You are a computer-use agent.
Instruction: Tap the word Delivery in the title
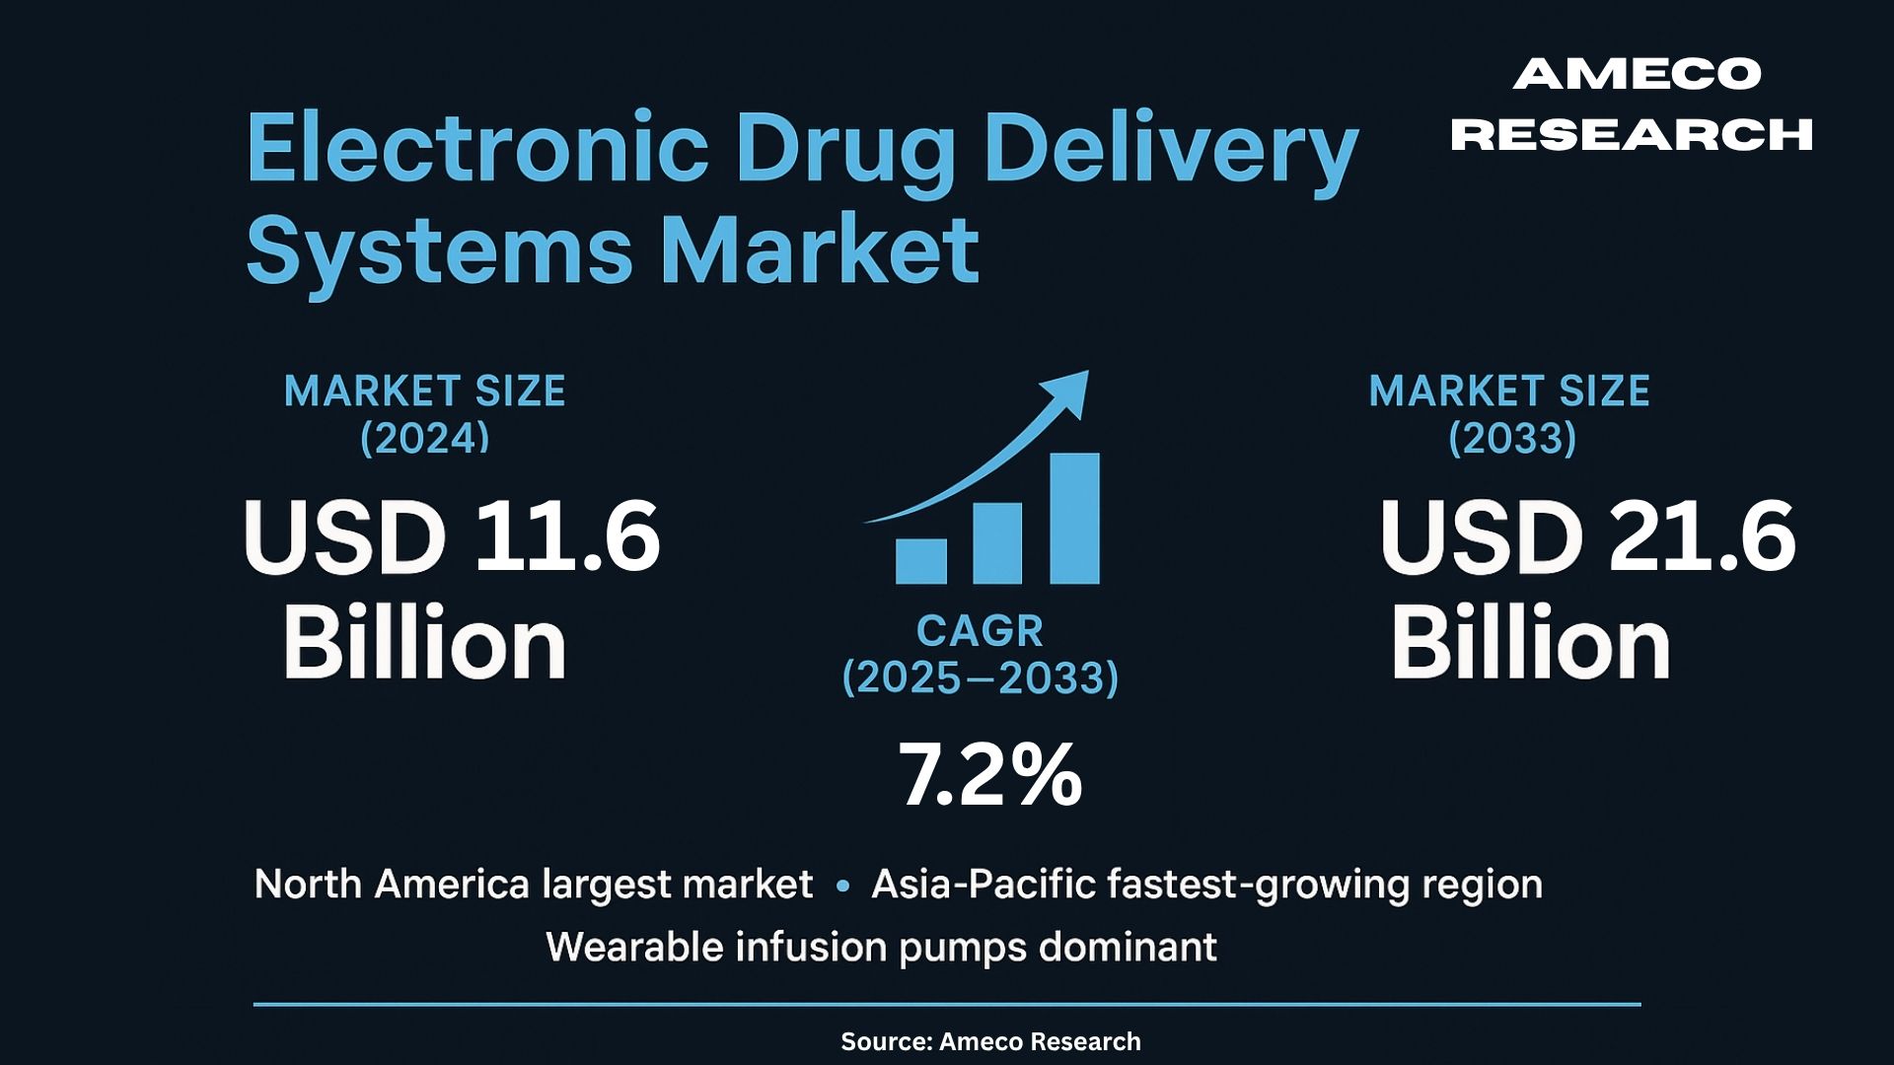[x=1171, y=150]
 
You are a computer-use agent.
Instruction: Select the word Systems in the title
[x=439, y=251]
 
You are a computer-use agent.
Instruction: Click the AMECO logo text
[x=1637, y=74]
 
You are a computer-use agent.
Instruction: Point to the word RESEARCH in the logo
[x=1632, y=135]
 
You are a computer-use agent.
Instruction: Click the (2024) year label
[x=424, y=438]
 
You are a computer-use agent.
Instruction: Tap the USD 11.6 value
[x=452, y=536]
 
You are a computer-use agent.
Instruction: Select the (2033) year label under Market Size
[x=1512, y=438]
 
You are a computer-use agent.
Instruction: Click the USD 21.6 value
[x=1587, y=536]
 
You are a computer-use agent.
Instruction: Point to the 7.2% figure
[x=989, y=775]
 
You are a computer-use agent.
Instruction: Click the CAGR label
[x=980, y=631]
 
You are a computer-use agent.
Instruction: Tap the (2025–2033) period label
[x=980, y=678]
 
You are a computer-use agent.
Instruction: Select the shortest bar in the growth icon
[x=920, y=561]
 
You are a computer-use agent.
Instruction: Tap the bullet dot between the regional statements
[x=842, y=887]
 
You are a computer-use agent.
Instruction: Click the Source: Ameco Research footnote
[x=990, y=1041]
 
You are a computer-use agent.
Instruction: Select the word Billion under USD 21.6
[x=1531, y=644]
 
